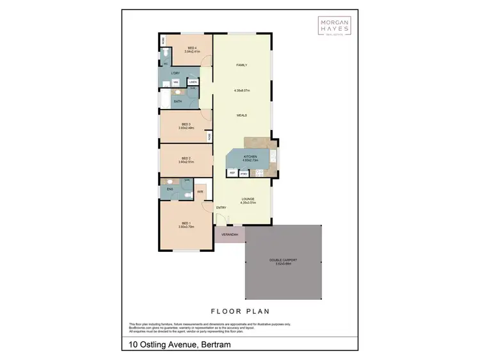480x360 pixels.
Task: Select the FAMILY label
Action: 241,65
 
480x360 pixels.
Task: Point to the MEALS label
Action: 241,115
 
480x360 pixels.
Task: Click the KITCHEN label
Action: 250,156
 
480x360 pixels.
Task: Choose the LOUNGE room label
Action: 248,199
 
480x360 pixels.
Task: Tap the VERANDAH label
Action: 230,235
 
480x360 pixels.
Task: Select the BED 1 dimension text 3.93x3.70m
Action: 186,227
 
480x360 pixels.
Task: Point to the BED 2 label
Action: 186,158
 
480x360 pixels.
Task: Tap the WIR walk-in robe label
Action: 200,191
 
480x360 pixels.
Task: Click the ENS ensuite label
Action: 170,190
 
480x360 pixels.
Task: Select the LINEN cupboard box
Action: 193,81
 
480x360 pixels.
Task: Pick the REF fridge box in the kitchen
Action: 233,173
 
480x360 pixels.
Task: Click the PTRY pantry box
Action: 244,173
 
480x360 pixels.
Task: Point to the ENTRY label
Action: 221,208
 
